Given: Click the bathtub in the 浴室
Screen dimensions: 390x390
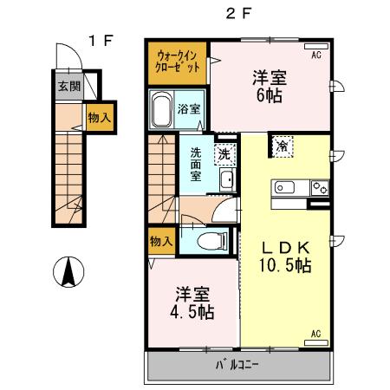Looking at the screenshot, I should coord(160,110).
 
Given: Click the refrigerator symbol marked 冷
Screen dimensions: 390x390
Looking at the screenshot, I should coord(283,146).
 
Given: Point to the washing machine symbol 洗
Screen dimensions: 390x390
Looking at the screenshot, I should coord(225,153).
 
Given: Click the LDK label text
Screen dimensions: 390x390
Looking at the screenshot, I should coord(286,246).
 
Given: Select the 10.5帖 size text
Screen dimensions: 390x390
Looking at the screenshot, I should coord(286,264).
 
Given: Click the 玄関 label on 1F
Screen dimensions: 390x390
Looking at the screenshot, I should coord(69,86).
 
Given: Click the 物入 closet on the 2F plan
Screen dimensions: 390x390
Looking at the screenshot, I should coord(160,240).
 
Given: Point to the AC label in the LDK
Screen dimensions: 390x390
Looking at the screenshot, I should coord(315,334).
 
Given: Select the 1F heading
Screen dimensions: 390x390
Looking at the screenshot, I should coord(101,39).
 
